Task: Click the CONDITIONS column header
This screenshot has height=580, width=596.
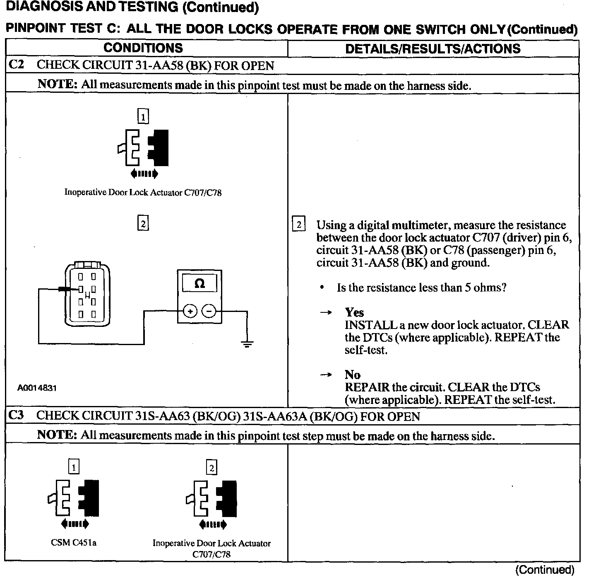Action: click(143, 48)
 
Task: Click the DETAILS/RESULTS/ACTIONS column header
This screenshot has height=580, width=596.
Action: click(433, 48)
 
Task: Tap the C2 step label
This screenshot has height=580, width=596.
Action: click(17, 65)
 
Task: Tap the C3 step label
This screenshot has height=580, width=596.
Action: click(17, 416)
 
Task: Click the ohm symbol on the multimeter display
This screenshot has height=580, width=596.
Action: click(199, 284)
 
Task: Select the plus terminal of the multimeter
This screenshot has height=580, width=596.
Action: click(190, 311)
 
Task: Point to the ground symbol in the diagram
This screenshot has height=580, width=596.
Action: click(247, 343)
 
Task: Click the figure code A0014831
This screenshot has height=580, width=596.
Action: click(37, 388)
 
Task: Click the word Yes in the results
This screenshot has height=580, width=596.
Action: click(354, 312)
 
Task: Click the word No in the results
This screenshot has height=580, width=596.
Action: click(352, 375)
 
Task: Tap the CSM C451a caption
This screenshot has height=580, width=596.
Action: click(74, 543)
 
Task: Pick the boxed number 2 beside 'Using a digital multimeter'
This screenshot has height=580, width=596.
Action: click(298, 224)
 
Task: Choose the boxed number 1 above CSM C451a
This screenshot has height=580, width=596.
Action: click(74, 467)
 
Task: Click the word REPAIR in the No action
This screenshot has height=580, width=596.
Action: click(367, 387)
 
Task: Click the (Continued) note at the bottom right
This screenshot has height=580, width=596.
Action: click(545, 570)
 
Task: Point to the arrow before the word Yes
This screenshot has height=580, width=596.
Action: click(327, 313)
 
